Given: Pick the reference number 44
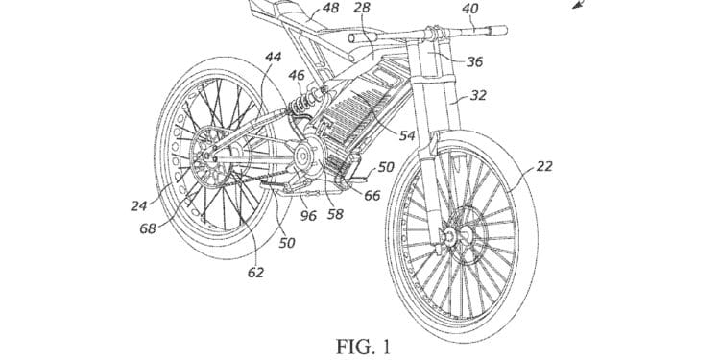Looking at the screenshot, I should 274,59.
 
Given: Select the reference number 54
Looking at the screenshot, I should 407,136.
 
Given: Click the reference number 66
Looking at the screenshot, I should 372,196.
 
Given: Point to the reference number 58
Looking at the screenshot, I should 335,215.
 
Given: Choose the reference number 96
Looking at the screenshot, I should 310,215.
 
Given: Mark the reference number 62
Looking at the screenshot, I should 254,273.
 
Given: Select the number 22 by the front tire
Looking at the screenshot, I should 543,166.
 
